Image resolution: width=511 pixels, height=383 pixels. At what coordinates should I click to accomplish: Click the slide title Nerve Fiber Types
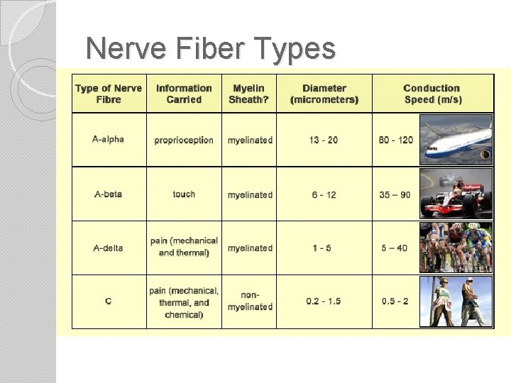[210, 49]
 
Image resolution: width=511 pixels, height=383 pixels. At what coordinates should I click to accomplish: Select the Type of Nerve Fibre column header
[109, 94]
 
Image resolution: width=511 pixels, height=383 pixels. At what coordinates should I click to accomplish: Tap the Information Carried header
[184, 94]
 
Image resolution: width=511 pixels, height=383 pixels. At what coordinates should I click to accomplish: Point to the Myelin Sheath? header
[248, 94]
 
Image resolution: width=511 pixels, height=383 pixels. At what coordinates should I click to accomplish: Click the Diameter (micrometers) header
[324, 94]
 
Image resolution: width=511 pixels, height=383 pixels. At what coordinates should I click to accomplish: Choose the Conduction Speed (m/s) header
[432, 94]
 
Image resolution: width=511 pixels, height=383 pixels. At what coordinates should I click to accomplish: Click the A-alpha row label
[108, 139]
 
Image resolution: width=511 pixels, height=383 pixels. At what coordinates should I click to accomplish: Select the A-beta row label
[108, 194]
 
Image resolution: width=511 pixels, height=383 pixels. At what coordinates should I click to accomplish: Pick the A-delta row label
[108, 248]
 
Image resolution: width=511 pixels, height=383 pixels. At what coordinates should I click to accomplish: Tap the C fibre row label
[108, 301]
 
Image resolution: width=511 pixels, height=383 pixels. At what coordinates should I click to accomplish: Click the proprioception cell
[184, 140]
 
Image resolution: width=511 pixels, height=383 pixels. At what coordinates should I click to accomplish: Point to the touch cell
[184, 194]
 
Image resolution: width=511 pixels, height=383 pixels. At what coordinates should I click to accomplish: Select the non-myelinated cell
[250, 301]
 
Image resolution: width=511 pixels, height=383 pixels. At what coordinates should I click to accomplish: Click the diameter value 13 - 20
[324, 140]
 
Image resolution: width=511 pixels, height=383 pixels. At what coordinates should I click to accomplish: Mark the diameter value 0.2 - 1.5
[324, 301]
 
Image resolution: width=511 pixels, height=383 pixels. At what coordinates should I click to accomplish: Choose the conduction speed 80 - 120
[396, 140]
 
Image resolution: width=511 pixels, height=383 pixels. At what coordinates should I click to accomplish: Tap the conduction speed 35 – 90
[395, 194]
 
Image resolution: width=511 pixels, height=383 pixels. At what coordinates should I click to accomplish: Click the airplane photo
[456, 140]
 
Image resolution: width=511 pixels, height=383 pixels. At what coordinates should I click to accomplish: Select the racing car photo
[456, 193]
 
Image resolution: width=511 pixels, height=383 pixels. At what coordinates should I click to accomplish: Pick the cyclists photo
[456, 248]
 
